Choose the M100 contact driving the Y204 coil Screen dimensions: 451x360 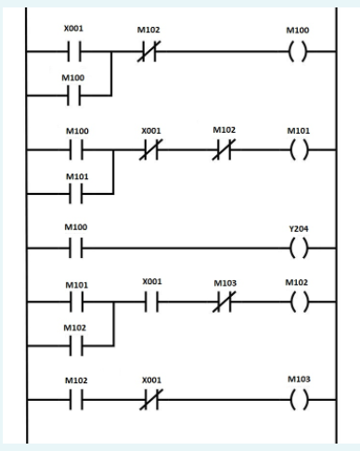click(73, 248)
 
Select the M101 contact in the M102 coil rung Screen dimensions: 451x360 click(73, 300)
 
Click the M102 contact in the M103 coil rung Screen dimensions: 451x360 click(73, 399)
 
